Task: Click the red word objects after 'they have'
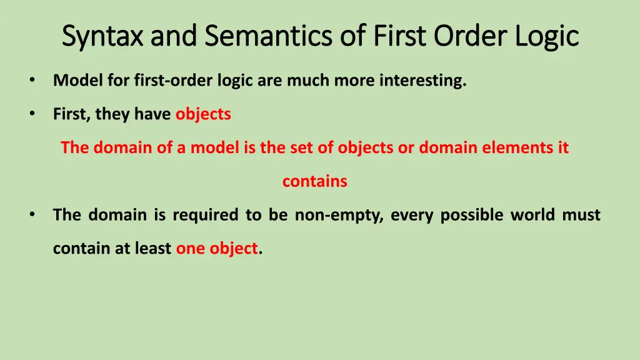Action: [203, 114]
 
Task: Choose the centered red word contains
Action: [314, 182]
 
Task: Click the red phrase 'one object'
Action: [216, 249]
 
